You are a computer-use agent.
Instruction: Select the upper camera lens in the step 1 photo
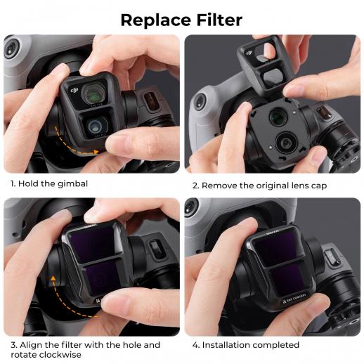point(92,93)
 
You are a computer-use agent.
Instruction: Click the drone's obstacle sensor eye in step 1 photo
point(11,51)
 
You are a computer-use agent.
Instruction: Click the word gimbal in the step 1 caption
point(91,184)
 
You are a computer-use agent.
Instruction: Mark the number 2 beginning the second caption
point(195,186)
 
